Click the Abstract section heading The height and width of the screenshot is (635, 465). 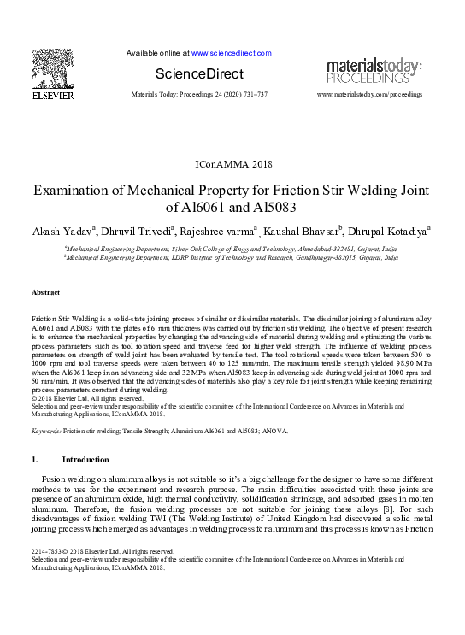(45, 292)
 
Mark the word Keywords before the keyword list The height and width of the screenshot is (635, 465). (45, 432)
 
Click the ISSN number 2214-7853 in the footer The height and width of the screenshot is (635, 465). (48, 551)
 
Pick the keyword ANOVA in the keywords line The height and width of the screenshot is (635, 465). (274, 432)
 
